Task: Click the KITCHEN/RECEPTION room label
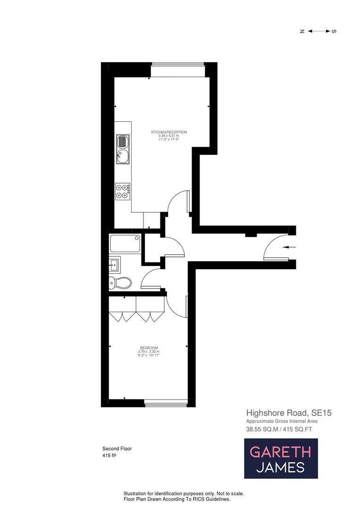(169, 132)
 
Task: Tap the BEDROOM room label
(149, 348)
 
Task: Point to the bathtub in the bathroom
(125, 244)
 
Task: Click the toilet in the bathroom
(121, 283)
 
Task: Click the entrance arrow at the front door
(288, 246)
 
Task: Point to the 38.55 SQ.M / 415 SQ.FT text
(282, 430)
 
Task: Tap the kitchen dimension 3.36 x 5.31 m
(168, 136)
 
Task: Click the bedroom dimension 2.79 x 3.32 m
(149, 351)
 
